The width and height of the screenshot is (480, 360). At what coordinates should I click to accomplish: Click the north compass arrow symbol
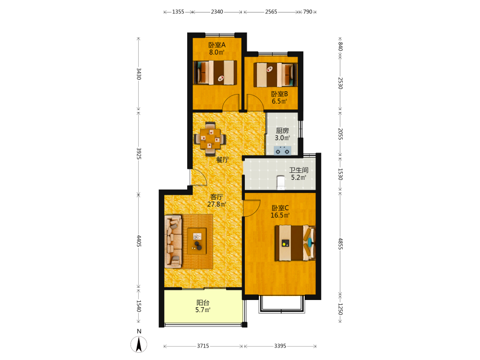(x=139, y=344)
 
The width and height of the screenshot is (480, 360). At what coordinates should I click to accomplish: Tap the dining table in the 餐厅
(x=210, y=139)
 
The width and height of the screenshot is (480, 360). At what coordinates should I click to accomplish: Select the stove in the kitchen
(x=282, y=151)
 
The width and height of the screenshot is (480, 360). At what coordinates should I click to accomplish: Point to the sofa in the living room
(x=173, y=241)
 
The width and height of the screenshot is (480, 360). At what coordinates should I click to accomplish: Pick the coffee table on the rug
(x=197, y=241)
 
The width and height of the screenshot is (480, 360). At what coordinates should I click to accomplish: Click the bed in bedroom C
(x=295, y=243)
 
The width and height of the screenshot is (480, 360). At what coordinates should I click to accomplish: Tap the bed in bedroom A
(x=215, y=72)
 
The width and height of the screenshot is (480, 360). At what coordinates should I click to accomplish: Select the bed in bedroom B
(x=275, y=75)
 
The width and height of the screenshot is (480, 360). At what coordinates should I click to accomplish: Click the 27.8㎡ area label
(x=217, y=204)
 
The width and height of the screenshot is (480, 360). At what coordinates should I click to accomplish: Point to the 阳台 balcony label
(x=203, y=303)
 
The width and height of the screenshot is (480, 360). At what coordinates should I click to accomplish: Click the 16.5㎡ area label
(x=280, y=215)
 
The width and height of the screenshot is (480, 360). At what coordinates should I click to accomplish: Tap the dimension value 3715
(x=203, y=346)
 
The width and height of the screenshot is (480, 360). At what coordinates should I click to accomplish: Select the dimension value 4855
(x=340, y=244)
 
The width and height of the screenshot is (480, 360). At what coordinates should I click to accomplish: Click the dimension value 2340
(x=217, y=12)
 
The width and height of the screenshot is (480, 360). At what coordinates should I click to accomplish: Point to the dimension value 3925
(x=139, y=154)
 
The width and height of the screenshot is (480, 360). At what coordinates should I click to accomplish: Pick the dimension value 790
(x=308, y=12)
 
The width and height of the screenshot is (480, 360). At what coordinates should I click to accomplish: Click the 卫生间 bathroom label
(x=299, y=170)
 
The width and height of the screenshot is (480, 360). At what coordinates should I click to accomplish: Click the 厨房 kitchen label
(x=282, y=131)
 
